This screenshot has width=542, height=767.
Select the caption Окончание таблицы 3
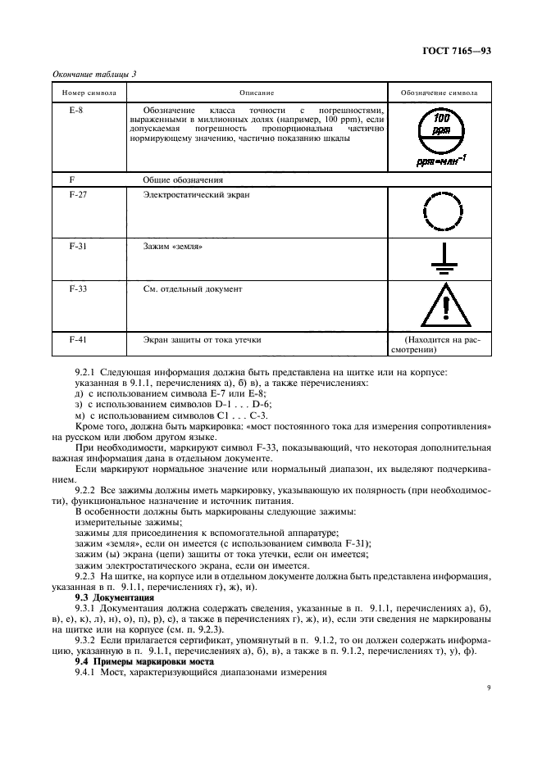point(94,74)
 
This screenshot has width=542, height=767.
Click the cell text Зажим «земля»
point(172,246)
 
